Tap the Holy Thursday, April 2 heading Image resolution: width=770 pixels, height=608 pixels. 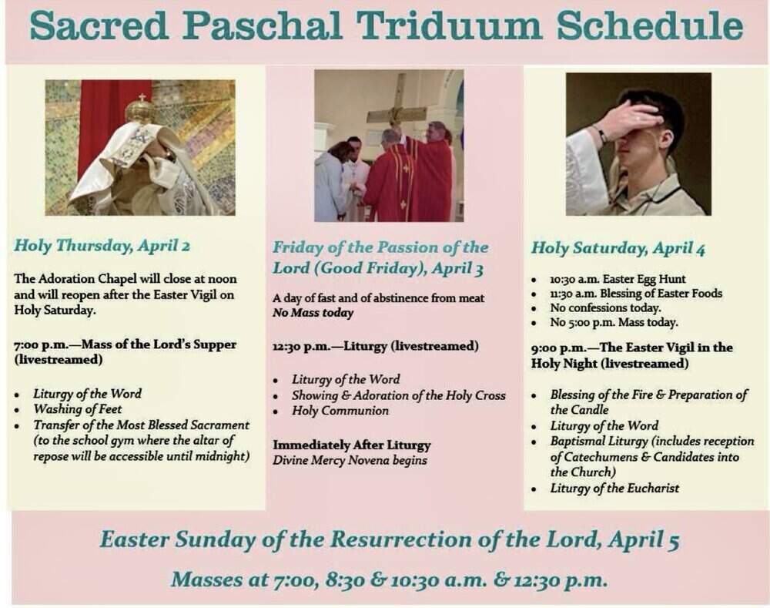102,245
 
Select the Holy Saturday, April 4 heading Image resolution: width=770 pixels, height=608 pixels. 618,248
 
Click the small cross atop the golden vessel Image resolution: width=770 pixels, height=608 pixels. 142,97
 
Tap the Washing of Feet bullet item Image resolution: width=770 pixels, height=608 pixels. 77,409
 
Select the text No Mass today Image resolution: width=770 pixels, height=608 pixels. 313,313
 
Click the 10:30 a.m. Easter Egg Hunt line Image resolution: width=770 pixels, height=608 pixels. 618,279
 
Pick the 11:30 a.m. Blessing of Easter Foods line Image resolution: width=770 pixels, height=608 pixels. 636,294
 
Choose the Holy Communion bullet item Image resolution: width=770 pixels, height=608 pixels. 340,411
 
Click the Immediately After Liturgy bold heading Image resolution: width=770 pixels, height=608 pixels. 352,445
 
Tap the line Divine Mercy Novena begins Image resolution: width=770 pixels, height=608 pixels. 350,461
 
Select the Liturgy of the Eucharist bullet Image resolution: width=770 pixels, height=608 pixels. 614,488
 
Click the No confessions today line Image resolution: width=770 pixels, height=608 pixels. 605,307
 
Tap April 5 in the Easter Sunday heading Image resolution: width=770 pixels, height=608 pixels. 643,539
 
